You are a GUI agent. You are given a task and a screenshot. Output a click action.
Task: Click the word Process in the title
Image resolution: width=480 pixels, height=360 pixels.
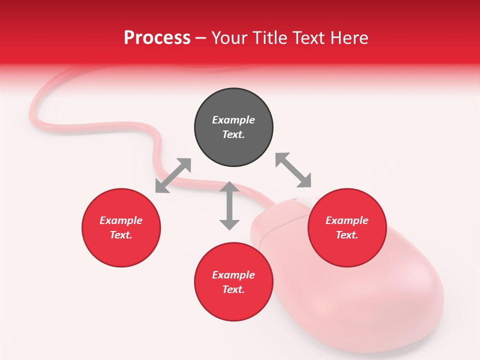(157, 37)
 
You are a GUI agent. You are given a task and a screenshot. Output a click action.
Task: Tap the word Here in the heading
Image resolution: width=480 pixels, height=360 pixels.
(349, 37)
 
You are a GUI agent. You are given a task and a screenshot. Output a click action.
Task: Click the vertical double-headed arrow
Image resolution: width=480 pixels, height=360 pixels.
(229, 205)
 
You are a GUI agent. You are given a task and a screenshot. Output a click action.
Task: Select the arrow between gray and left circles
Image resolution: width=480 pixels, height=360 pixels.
(173, 175)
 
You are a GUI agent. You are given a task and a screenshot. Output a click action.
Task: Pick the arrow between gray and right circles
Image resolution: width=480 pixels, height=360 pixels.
(293, 170)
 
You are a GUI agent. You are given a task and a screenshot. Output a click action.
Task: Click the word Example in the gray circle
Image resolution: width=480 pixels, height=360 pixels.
(233, 120)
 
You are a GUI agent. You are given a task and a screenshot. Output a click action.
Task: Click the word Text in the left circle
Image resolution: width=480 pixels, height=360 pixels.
(121, 235)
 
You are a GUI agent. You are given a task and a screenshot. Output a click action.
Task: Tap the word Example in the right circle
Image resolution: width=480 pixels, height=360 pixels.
(347, 220)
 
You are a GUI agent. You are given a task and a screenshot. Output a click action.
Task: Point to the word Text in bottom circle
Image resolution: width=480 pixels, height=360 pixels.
(233, 289)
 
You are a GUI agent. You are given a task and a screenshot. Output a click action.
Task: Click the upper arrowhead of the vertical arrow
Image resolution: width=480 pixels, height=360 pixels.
(229, 187)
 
